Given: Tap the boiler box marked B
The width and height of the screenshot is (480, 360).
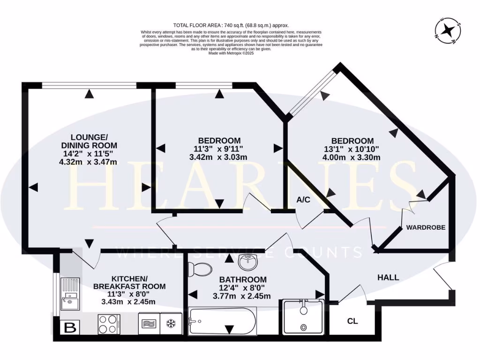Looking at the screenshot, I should tap(69, 328).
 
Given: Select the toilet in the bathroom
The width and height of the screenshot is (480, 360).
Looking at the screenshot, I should tap(200, 269).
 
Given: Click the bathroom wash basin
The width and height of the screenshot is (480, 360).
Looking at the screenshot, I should tap(247, 262).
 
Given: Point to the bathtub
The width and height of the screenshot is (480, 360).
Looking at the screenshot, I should tap(222, 321).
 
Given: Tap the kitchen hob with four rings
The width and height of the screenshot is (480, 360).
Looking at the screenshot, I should tap(109, 324).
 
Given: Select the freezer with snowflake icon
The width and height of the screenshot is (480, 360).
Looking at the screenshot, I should tap(171, 324).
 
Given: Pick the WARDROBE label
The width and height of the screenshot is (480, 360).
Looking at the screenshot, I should tap(426, 227).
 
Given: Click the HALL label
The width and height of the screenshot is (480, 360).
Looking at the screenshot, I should tap(388, 277).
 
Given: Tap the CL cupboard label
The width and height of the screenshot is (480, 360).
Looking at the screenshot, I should tap(352, 322).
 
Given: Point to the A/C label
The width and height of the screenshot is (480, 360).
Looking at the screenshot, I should tap(303, 200).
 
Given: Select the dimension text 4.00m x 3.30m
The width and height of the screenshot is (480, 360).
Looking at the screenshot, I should tap(352, 157).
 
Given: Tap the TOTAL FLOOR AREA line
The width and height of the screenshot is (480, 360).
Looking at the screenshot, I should tap(231, 25).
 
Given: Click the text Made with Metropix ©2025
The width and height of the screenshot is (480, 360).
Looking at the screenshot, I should tap(231, 53).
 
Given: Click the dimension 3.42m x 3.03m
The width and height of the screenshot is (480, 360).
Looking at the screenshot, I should tap(219, 157).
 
